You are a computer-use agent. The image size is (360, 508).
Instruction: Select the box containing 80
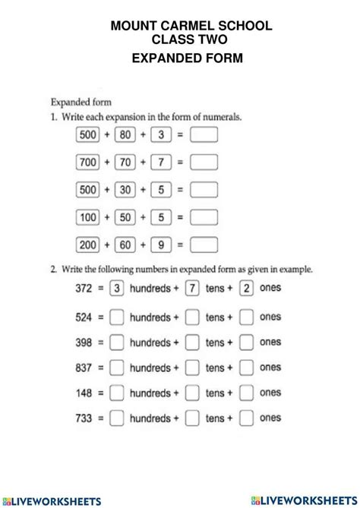[x=125, y=135]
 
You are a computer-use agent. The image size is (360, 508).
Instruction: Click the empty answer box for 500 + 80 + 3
[x=204, y=135]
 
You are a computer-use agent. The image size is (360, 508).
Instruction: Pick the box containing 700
[x=89, y=162]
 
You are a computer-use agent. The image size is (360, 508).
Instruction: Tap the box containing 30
[x=125, y=190]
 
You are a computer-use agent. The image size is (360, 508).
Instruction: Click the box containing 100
[x=89, y=218]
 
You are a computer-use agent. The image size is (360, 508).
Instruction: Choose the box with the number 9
[x=160, y=245]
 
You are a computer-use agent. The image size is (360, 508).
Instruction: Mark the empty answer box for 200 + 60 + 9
[x=204, y=245]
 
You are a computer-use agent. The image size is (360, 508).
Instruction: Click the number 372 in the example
[x=86, y=289]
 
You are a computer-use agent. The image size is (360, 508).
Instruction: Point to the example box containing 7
[x=192, y=289]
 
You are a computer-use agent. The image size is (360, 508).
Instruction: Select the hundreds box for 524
[x=117, y=317]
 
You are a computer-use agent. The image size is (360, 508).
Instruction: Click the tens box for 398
[x=192, y=342]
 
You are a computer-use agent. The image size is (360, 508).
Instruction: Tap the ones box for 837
[x=246, y=368]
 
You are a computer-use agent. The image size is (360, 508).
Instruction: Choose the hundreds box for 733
[x=117, y=418]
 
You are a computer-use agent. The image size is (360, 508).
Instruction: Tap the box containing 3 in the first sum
[x=160, y=135]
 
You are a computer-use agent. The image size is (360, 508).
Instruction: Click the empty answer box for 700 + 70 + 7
[x=204, y=162]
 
